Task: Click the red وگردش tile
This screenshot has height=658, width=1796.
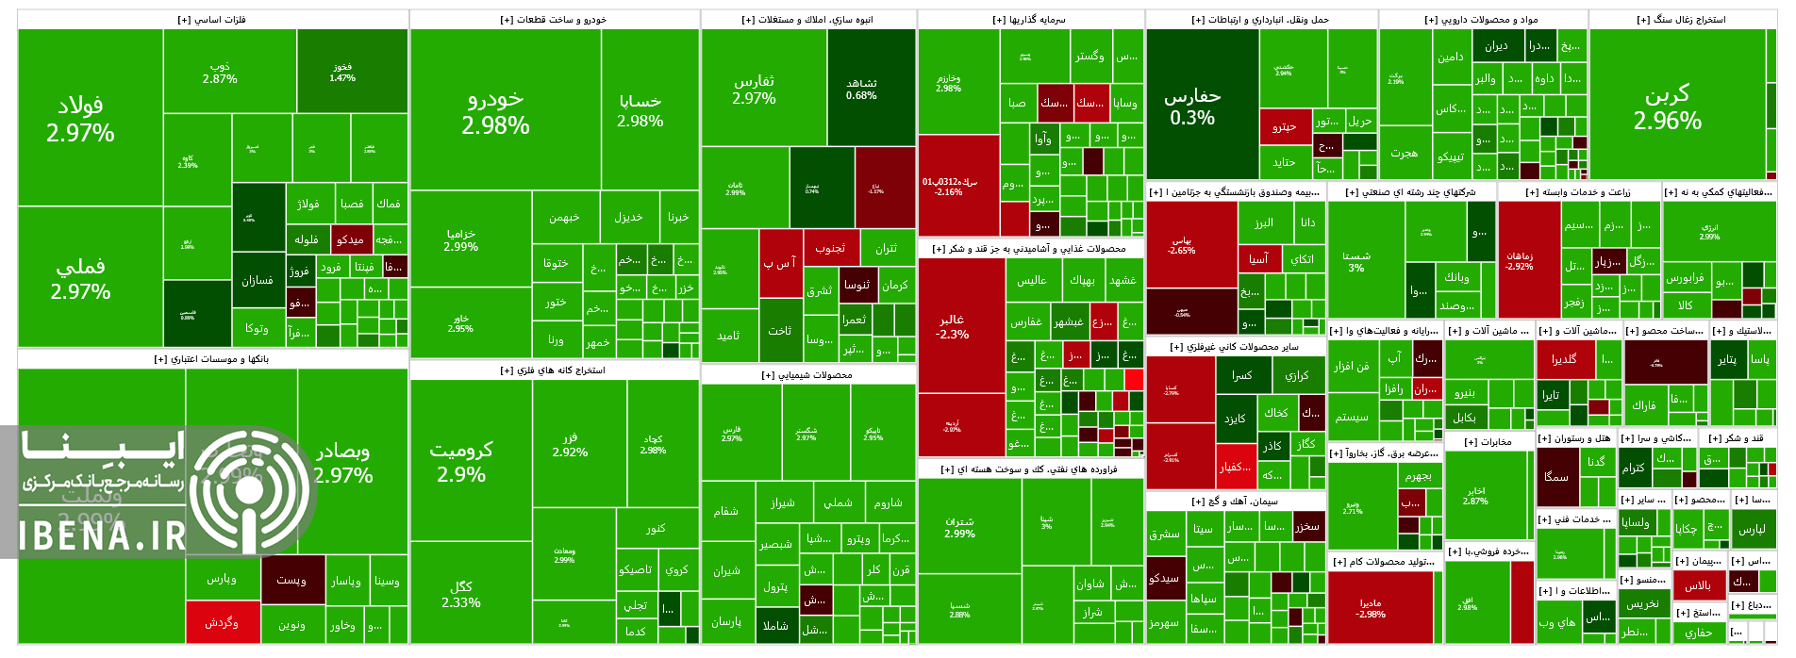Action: (x=222, y=622)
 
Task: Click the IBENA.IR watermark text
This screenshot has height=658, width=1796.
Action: (x=102, y=535)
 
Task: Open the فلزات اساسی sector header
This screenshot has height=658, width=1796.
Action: (x=212, y=20)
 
